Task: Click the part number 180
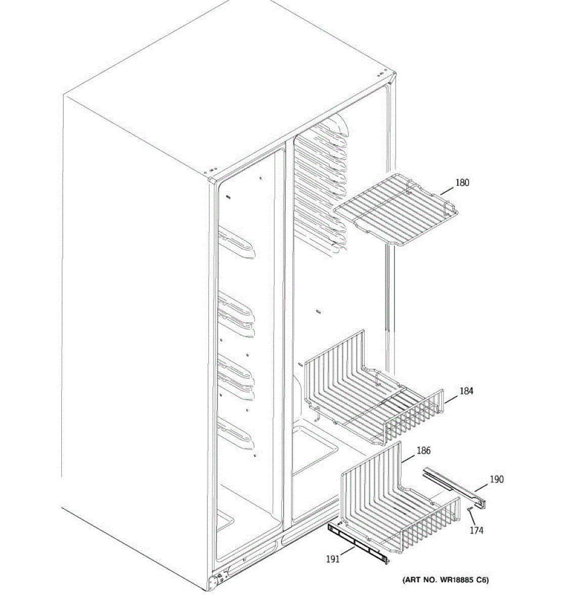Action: pos(462,183)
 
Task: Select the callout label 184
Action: pos(466,391)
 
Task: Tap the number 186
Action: pos(423,451)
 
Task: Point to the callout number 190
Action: pos(497,479)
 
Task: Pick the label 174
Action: pos(476,530)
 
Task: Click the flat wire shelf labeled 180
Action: pos(396,212)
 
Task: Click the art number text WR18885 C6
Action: pos(445,580)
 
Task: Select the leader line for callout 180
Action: pos(447,191)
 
